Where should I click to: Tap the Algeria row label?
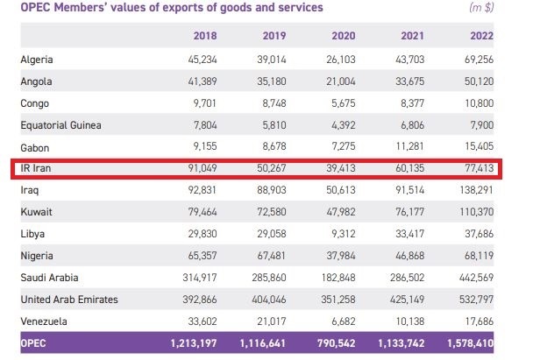(38, 60)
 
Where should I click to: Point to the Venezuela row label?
(44, 320)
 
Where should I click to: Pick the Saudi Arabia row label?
(49, 278)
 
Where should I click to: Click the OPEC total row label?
(34, 343)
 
